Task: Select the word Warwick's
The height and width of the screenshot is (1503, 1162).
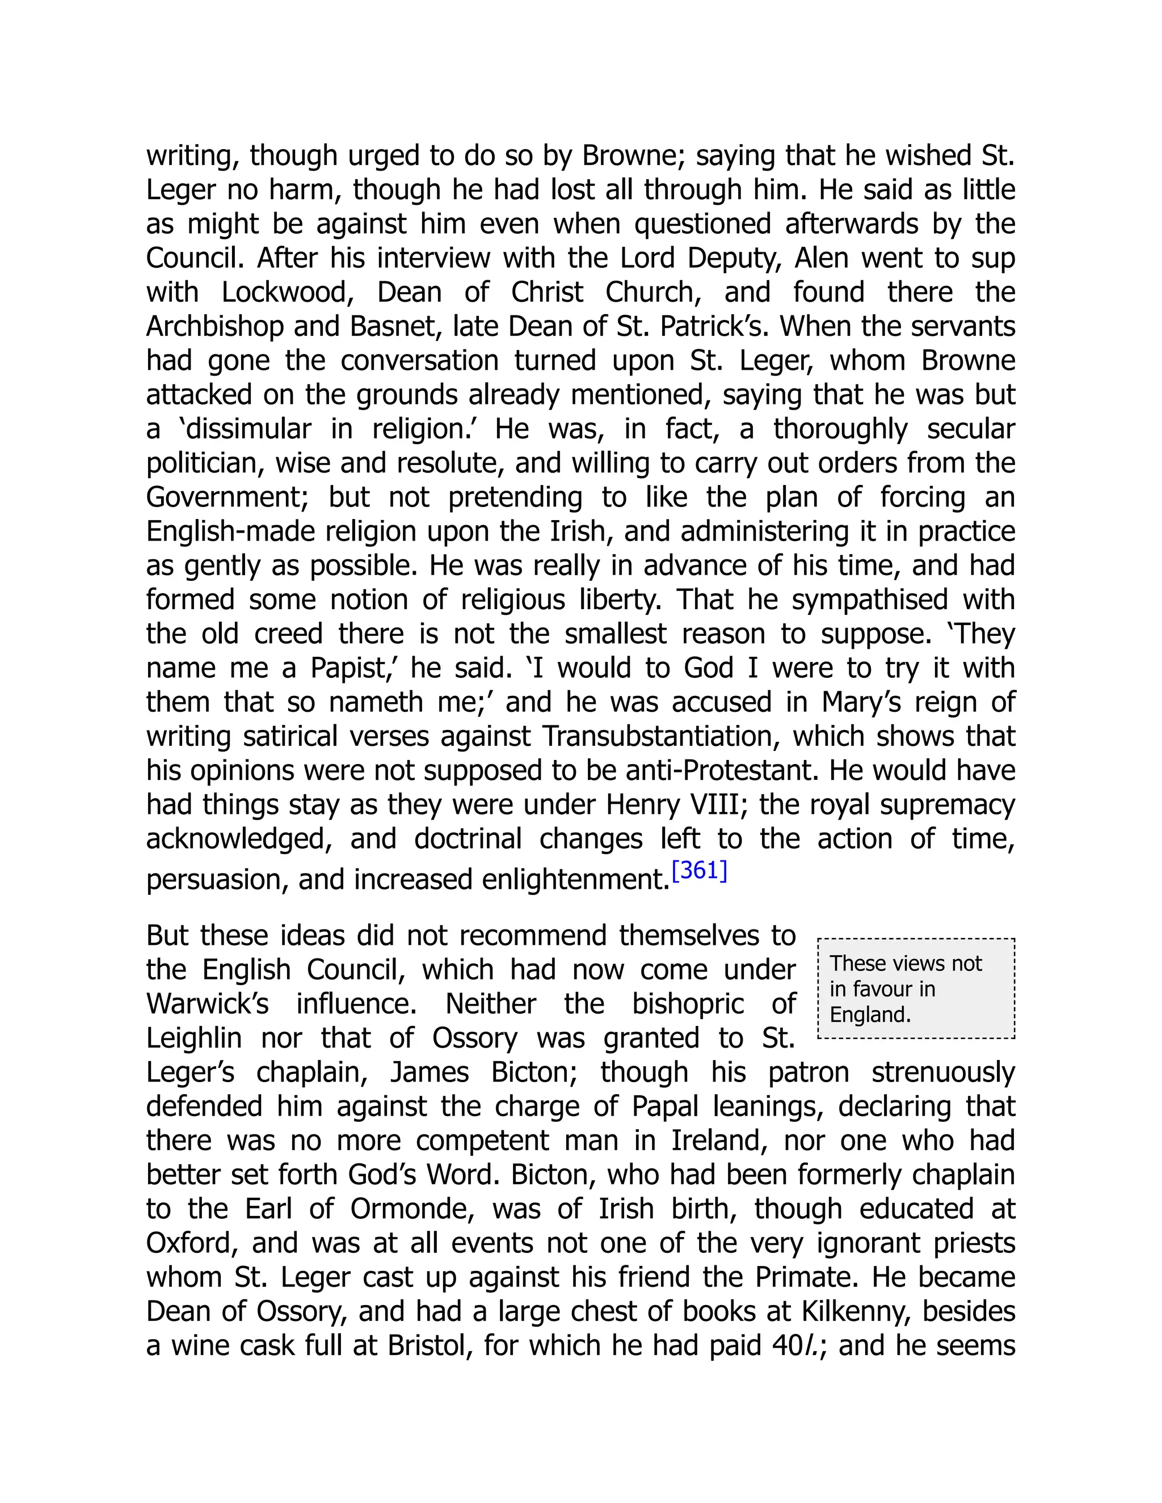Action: tap(207, 1004)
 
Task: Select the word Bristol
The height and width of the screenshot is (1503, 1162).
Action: tap(429, 1346)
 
